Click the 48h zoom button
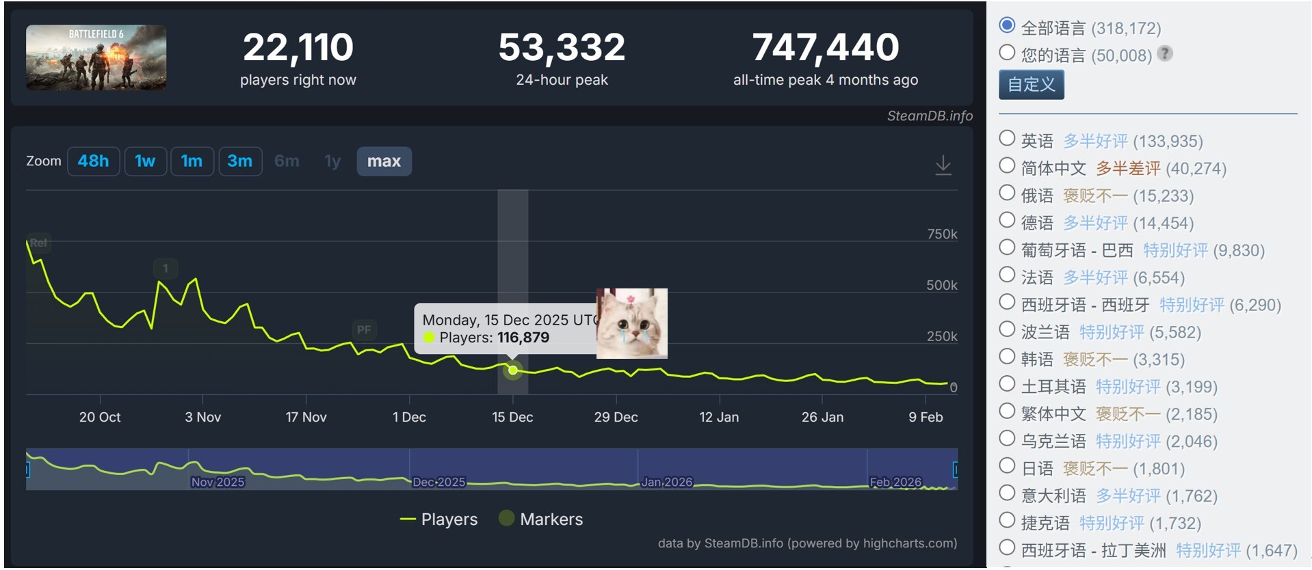point(93,161)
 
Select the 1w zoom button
point(145,161)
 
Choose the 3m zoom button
point(240,161)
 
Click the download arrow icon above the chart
point(943,165)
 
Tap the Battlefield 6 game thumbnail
point(96,57)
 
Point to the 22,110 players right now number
point(298,47)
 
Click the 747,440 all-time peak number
point(826,47)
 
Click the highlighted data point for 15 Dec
point(512,370)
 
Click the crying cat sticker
point(632,323)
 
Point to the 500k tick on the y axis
point(941,285)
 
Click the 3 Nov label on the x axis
point(203,417)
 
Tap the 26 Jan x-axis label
point(822,417)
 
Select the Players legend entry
point(438,519)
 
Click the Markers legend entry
point(541,519)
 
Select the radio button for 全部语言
point(1007,25)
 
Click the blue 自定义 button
point(1031,85)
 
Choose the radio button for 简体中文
point(1007,165)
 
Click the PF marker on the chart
point(364,330)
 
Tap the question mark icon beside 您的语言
point(1165,53)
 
